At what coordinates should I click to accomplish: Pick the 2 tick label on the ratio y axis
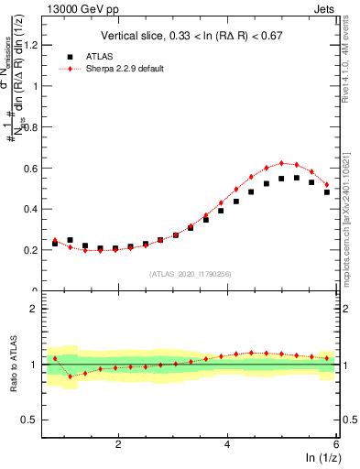point(34,309)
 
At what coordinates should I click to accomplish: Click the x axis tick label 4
point(227,444)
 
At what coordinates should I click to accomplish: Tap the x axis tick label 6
point(336,444)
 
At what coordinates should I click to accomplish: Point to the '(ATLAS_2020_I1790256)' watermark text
point(191,274)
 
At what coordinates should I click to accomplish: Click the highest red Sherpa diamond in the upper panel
point(281,163)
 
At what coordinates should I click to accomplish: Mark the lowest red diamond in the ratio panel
point(70,376)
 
